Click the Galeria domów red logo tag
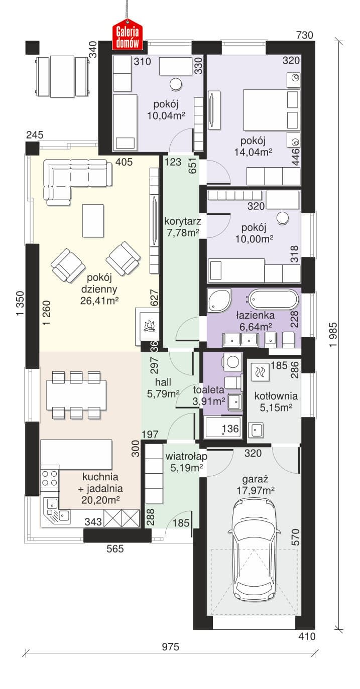pos(128,34)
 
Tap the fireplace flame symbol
pos(149,325)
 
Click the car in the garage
pos(254,549)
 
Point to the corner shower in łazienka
pos(218,299)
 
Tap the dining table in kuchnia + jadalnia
pos(77,395)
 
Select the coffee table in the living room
pos(93,220)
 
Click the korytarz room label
pos(183,221)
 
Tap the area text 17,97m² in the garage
pos(256,490)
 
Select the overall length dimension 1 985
pos(333,335)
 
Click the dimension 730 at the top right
pos(304,35)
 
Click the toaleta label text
pos(208,390)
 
